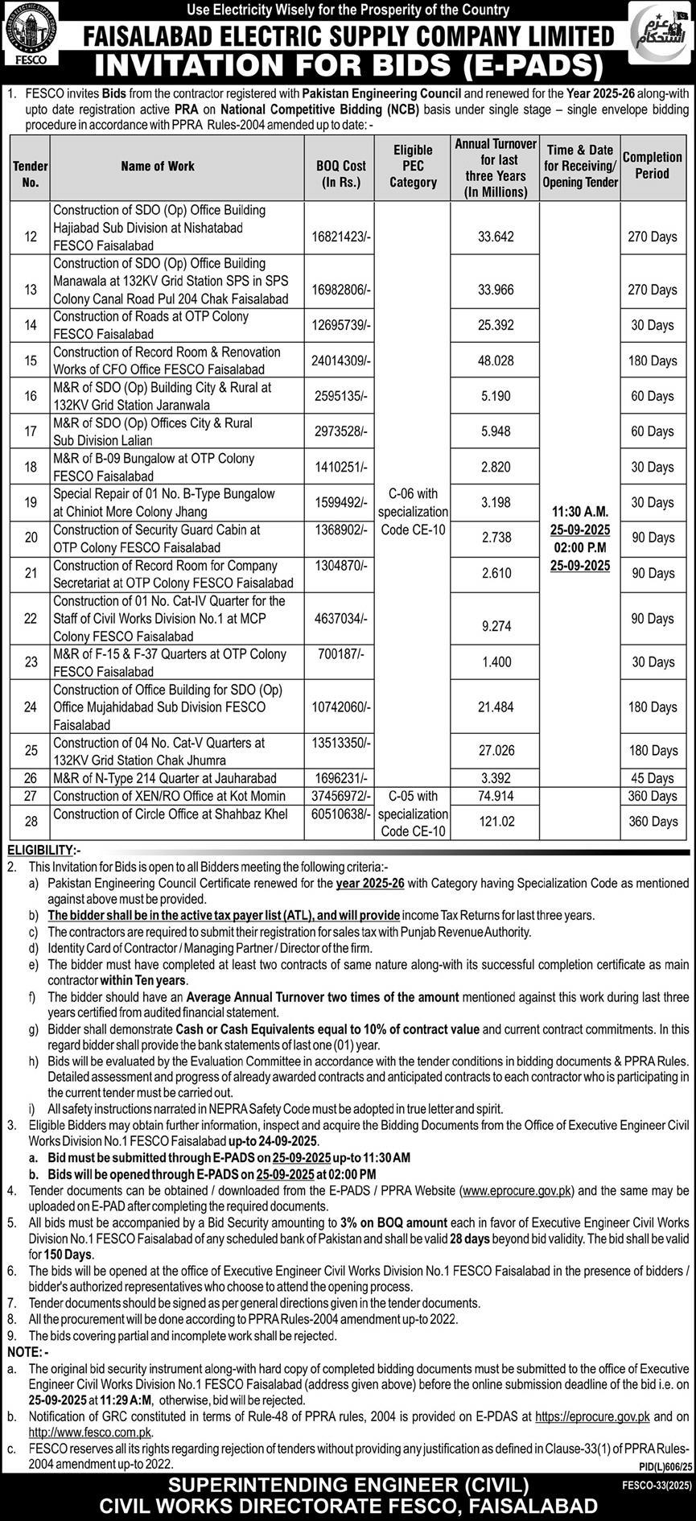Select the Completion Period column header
(652, 166)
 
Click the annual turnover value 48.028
(496, 361)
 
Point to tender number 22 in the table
(31, 619)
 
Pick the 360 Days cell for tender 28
(653, 822)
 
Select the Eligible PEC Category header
(413, 166)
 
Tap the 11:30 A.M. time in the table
(580, 512)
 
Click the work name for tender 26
(165, 778)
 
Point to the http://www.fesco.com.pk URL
(90, 1432)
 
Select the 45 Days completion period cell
(653, 778)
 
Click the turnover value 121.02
(496, 822)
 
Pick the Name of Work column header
(158, 166)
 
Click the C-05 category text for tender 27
(413, 796)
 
